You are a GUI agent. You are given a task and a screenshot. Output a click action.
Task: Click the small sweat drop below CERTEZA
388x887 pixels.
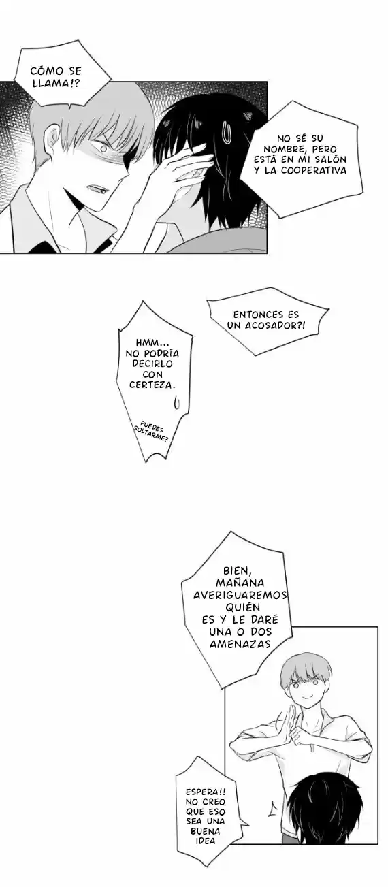tap(177, 403)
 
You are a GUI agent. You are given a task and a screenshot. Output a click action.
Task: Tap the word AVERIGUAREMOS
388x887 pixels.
tap(240, 595)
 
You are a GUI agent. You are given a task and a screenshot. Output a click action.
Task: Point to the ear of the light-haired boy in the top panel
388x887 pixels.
tap(52, 143)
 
